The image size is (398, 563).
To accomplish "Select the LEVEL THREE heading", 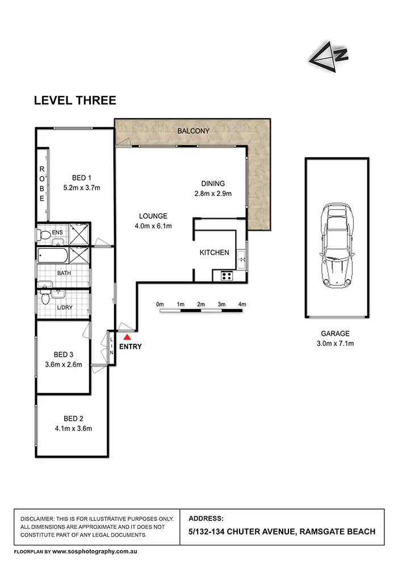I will click(75, 101).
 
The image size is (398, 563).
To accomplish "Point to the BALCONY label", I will click(193, 131).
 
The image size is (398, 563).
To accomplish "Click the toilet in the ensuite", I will click(45, 234).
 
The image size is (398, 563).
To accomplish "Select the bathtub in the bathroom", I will click(53, 256).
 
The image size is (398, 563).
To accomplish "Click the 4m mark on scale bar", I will click(242, 305).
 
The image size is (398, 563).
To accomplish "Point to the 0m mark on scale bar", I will click(160, 305).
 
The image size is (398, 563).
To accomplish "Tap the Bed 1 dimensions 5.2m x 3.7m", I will click(81, 187).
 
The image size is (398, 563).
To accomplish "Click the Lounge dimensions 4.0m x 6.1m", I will click(153, 226).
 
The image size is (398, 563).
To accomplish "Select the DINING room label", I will click(213, 184).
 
